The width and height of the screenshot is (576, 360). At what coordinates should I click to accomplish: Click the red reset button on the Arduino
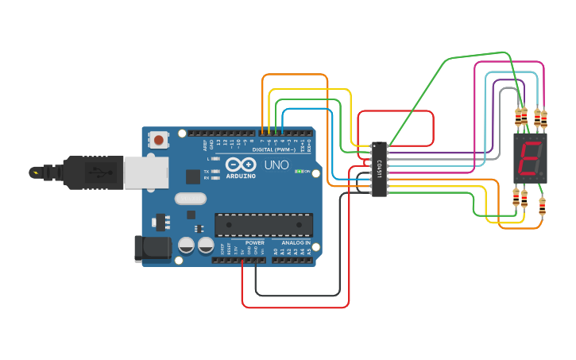click(159, 141)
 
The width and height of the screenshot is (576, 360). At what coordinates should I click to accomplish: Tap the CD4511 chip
click(380, 168)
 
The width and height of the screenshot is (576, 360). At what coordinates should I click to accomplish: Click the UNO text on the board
click(276, 165)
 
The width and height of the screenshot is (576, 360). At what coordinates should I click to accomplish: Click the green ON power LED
click(299, 171)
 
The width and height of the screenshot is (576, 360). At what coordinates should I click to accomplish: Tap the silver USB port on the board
click(146, 172)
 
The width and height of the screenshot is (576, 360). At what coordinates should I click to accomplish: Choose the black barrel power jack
click(153, 249)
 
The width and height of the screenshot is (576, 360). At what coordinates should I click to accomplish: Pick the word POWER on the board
click(255, 242)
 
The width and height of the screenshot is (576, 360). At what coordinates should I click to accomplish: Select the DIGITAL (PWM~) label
click(273, 149)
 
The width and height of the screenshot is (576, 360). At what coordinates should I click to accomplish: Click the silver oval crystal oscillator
click(191, 199)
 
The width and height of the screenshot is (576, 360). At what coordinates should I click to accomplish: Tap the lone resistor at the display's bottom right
click(543, 206)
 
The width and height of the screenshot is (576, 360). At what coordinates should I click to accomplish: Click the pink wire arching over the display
click(508, 62)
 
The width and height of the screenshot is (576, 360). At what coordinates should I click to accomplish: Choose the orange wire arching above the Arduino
click(294, 75)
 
